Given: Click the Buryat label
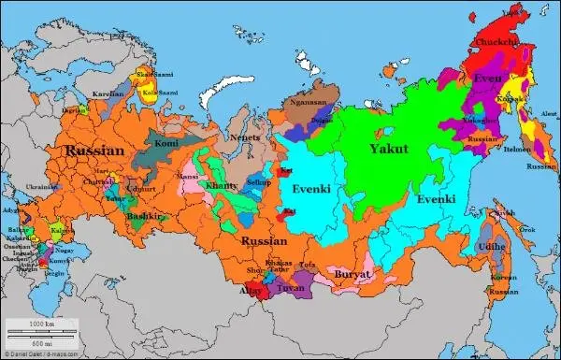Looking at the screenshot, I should tap(353, 275).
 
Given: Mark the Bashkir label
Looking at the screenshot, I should tap(146, 216).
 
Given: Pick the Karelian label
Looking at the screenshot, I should tap(108, 94).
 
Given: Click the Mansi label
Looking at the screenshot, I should tap(189, 175).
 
